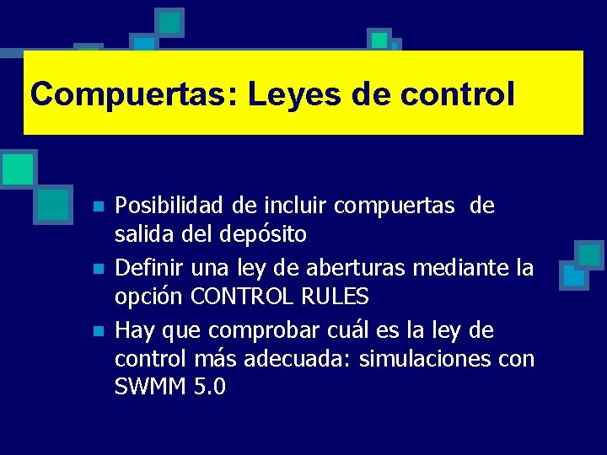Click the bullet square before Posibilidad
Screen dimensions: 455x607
[x=99, y=207]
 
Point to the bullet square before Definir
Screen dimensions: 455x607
[x=99, y=270]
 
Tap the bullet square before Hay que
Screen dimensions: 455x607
[x=99, y=332]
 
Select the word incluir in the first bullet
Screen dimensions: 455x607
[x=297, y=206]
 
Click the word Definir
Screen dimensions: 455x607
[x=149, y=268]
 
